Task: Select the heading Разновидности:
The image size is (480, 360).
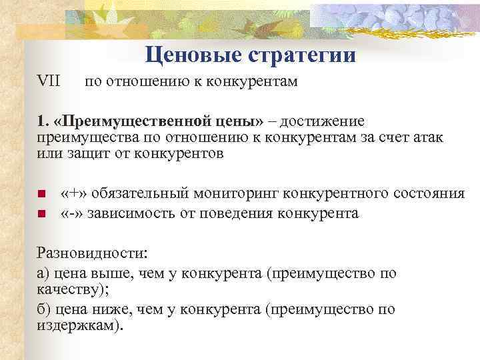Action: (93, 254)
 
